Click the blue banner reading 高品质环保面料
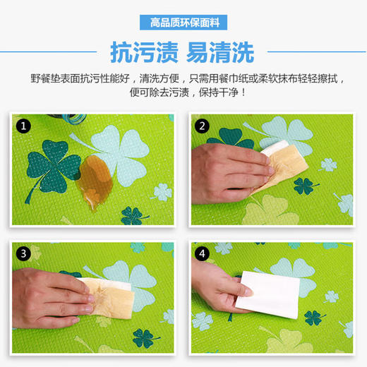pos(184,23)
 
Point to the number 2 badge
pos(203,127)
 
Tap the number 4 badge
pos(203,253)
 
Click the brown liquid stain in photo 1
pos(98,174)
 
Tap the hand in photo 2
pos(226,162)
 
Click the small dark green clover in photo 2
pos(304,186)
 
